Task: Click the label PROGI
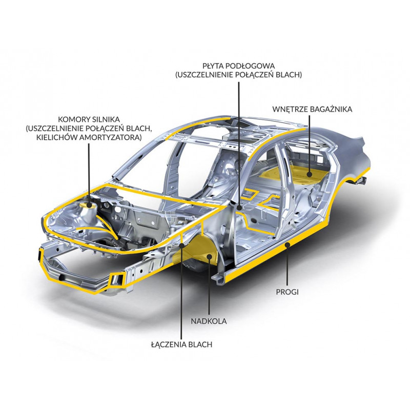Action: (x=287, y=292)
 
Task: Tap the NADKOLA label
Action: (x=209, y=321)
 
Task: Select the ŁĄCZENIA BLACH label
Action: (x=182, y=344)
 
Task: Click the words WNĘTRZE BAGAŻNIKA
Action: (x=312, y=109)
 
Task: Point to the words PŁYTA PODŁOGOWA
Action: (x=239, y=66)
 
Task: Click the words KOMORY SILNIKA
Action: (x=89, y=119)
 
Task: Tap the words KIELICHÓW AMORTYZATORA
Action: (x=89, y=137)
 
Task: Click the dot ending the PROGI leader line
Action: (x=288, y=245)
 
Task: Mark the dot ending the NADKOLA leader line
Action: (x=209, y=257)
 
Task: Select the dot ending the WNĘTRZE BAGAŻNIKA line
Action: (x=310, y=174)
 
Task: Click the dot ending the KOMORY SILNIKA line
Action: (x=89, y=206)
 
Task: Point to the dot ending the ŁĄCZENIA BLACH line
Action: (x=182, y=245)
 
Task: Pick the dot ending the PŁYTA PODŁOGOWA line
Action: (x=239, y=208)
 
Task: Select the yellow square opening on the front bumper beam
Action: (x=117, y=279)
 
